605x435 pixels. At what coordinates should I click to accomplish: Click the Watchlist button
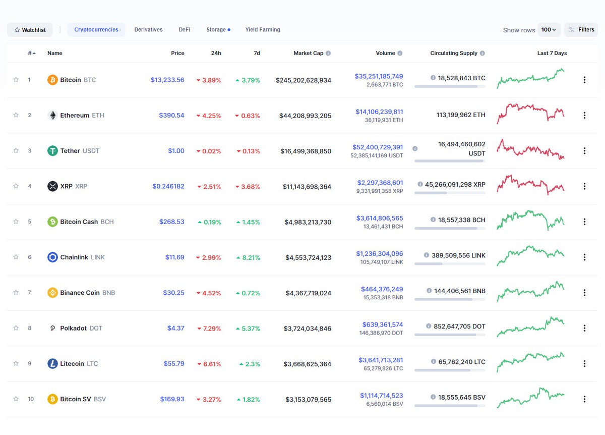(30, 30)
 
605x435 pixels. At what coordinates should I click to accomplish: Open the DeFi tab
(184, 30)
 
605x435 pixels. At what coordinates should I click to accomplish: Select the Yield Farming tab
(262, 30)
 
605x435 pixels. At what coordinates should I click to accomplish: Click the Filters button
(581, 30)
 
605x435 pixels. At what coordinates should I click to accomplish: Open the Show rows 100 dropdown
(549, 30)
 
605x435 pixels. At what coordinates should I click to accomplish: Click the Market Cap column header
(308, 53)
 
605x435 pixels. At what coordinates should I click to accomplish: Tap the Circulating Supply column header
(454, 53)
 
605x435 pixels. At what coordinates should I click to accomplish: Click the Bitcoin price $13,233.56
(167, 80)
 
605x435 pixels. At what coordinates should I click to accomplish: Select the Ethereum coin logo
(52, 115)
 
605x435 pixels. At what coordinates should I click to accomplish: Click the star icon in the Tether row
(16, 150)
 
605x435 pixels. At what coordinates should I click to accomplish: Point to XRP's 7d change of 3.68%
(248, 187)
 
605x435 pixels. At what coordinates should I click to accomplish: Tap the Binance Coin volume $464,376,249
(382, 289)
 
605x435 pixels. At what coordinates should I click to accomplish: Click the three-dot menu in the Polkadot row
(584, 328)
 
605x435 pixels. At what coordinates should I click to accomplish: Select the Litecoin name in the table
(72, 363)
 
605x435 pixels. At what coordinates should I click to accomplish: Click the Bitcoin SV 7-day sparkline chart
(530, 397)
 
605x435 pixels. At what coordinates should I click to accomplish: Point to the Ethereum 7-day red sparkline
(530, 113)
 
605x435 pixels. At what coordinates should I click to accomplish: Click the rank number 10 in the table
(31, 399)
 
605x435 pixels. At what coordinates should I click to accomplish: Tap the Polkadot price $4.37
(175, 328)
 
